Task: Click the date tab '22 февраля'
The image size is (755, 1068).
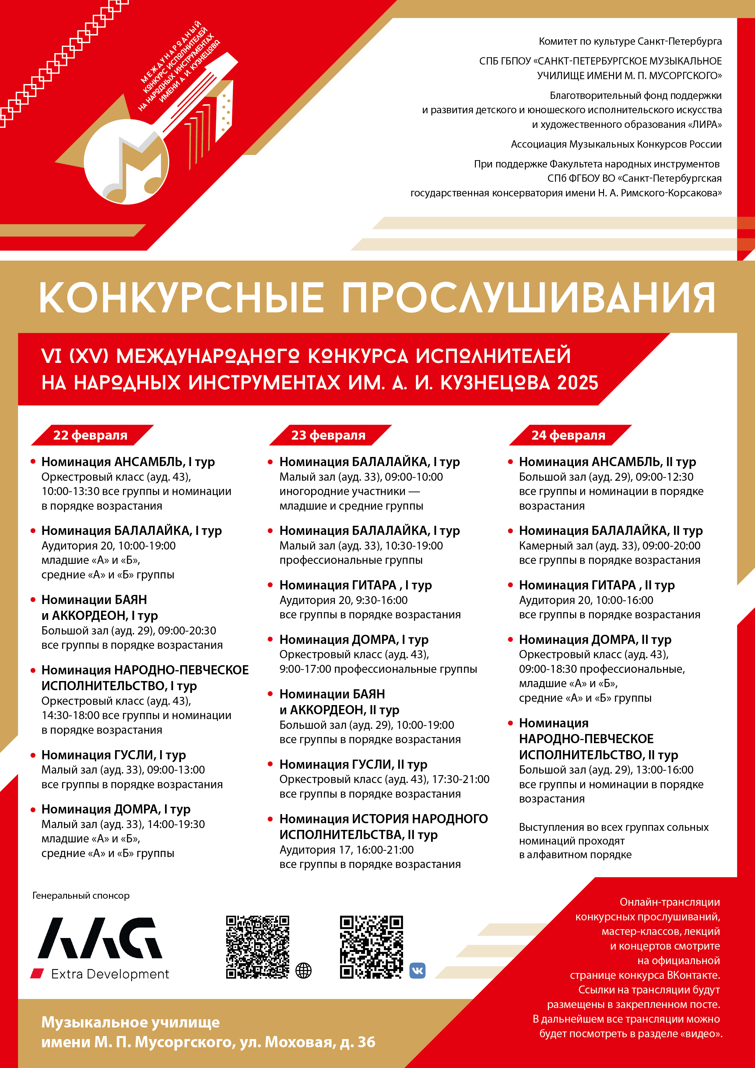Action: [90, 435]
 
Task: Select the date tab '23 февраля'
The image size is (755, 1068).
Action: [328, 435]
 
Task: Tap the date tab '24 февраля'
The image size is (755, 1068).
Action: [568, 435]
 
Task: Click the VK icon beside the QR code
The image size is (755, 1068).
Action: [417, 971]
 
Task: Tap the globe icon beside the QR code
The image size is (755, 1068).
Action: [303, 971]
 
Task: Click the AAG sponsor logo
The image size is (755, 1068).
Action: [100, 939]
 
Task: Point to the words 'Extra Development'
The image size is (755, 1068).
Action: [110, 974]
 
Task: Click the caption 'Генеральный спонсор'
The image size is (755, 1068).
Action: [81, 895]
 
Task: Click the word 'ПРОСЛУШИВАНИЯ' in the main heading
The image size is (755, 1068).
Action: [528, 298]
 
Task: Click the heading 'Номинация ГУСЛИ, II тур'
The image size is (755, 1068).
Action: [353, 764]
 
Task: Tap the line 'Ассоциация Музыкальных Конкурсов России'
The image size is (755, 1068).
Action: [616, 144]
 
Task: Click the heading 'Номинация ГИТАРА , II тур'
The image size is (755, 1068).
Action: [596, 585]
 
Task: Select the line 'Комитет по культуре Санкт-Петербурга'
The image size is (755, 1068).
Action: [630, 41]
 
